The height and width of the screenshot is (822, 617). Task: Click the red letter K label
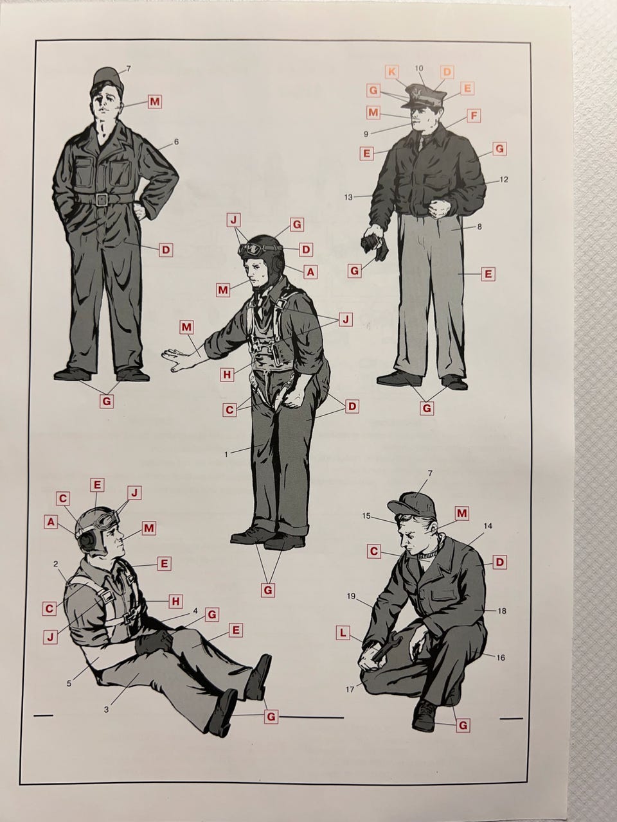(x=391, y=72)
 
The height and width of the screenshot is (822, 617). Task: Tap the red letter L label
(x=343, y=634)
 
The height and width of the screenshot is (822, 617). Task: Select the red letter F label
(x=474, y=116)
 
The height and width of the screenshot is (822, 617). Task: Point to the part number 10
(x=419, y=68)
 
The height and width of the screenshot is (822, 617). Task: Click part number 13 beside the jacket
(x=348, y=197)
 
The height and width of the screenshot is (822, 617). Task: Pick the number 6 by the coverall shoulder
(x=177, y=142)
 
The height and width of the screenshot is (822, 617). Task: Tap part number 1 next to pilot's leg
(x=226, y=455)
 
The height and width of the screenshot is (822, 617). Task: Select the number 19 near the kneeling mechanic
(x=351, y=596)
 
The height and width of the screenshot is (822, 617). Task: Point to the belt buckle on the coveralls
(x=101, y=200)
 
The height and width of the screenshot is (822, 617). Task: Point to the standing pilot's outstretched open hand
(x=179, y=360)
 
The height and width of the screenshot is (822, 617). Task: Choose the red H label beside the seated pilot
(x=175, y=602)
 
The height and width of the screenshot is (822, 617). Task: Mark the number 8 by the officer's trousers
(x=479, y=227)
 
